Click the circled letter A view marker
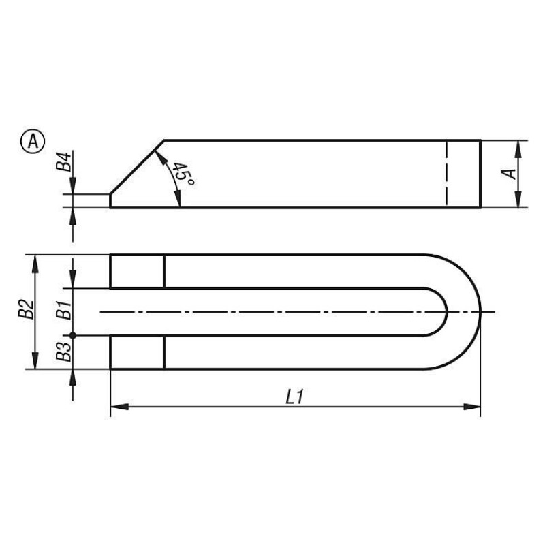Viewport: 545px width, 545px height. pyautogui.click(x=33, y=142)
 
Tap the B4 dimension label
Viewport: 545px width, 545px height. pyautogui.click(x=64, y=161)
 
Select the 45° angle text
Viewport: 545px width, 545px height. pyautogui.click(x=183, y=174)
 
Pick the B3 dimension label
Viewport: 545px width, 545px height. pyautogui.click(x=64, y=352)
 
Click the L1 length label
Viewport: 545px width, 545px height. pyautogui.click(x=295, y=397)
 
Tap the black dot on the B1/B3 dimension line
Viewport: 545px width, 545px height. pyautogui.click(x=73, y=335)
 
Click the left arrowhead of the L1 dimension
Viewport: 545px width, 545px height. pyautogui.click(x=119, y=407)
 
